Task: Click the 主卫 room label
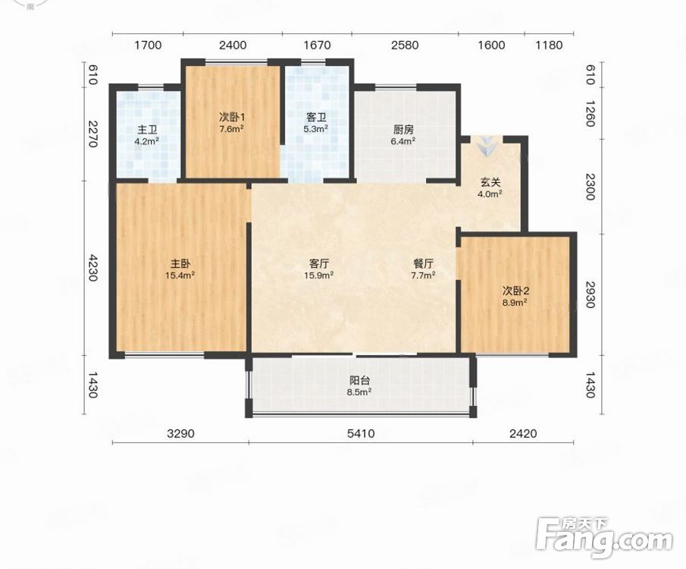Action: pos(147,130)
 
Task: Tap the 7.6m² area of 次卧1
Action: pos(231,129)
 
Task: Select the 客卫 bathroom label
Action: pos(316,118)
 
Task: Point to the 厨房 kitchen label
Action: pos(403,130)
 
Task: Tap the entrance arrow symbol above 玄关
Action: pos(487,146)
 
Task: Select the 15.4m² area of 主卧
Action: pos(180,275)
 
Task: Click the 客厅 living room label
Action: pos(319,264)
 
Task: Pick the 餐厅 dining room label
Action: pos(424,264)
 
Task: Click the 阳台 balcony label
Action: pos(359,381)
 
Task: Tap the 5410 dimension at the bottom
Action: pos(361,434)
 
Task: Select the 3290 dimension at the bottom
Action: pos(180,434)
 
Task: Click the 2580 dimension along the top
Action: pos(405,45)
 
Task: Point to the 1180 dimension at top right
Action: pos(549,45)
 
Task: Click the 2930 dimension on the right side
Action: pos(590,294)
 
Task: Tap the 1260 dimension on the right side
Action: pos(590,114)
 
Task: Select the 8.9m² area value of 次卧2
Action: pos(514,302)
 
